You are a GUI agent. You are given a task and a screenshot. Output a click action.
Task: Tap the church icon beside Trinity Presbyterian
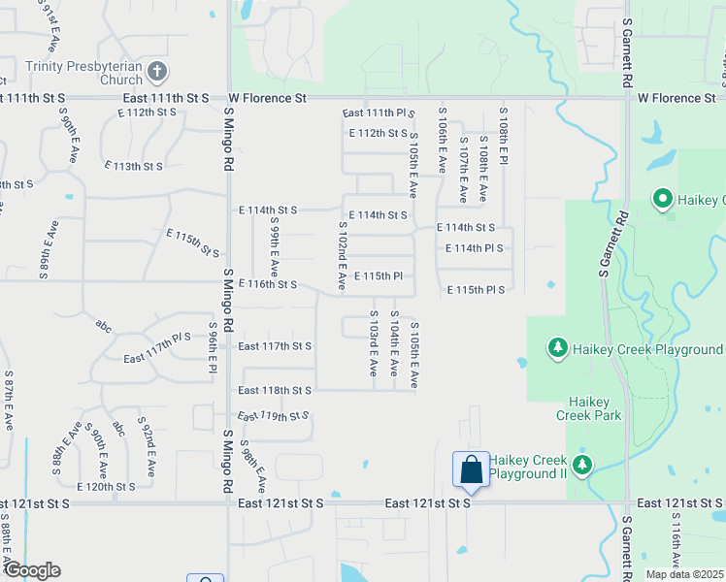point(158,71)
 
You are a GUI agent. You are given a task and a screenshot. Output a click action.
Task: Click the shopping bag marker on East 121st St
point(471,470)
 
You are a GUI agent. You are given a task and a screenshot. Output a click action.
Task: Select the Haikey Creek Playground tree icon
point(557,348)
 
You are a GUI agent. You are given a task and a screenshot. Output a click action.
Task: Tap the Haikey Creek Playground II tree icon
point(581,466)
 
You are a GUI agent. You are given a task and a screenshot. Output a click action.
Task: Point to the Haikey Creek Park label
point(588,407)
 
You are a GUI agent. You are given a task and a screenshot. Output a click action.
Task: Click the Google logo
point(32,570)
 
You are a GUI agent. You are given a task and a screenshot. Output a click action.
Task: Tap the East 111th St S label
point(166,98)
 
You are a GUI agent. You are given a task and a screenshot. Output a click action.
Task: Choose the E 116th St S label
point(268,284)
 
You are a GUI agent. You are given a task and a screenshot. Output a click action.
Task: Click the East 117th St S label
point(275,346)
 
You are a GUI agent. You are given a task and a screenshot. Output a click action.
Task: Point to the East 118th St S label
point(275,390)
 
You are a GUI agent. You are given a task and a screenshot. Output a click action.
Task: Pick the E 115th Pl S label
point(477,290)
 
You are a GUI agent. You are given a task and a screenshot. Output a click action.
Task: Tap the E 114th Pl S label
point(475,248)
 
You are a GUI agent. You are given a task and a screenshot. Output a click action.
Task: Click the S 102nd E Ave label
point(343,256)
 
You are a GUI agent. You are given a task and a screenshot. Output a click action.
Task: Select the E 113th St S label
point(133,166)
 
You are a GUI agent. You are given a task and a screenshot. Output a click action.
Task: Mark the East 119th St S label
point(272,415)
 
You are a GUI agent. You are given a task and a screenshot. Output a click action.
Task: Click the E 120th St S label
point(106,486)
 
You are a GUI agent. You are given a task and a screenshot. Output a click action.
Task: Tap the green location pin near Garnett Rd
point(664,200)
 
